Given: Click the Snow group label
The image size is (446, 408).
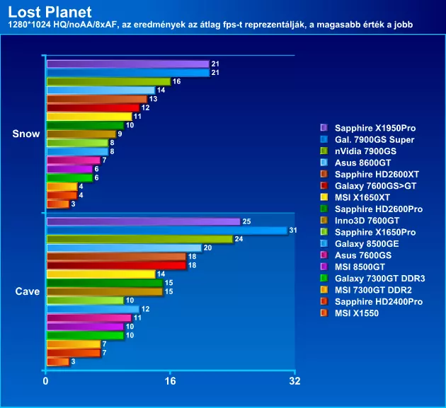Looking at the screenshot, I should tap(26, 134).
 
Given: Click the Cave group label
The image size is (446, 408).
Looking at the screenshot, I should tap(27, 291).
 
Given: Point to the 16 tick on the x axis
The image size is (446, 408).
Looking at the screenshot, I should tap(170, 382).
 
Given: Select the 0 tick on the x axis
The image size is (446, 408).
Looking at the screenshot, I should tap(46, 382).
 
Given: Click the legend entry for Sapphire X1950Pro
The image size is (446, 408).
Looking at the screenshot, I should tap(374, 128).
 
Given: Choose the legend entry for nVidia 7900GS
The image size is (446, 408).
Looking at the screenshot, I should tap(365, 151).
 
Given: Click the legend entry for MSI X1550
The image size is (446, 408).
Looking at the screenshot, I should tap(357, 313).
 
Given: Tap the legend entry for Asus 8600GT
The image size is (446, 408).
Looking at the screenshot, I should tap(363, 163).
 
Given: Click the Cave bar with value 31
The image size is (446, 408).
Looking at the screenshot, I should tap(166, 231).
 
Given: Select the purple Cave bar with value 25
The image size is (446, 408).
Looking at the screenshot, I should tap(143, 221).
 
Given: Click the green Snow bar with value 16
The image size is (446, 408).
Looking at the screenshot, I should tap(108, 81).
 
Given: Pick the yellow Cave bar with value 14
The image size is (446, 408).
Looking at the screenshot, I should tap(101, 274).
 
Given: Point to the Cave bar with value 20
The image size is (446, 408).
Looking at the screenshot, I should tap(124, 247).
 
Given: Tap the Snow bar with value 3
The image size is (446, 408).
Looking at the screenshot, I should tap(57, 204).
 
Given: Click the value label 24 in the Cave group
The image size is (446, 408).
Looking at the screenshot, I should tap(239, 239).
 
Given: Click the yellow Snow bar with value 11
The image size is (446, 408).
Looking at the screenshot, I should tap(88, 117).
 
